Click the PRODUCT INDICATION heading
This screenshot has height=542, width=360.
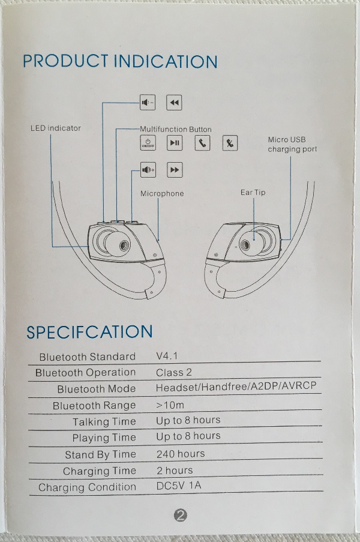coord(120,61)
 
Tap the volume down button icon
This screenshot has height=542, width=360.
coord(148,103)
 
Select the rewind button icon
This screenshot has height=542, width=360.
coord(174,103)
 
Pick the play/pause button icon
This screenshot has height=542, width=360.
coord(175,143)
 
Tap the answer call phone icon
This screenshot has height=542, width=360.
coord(202,143)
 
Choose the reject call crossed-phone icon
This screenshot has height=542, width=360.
coord(230,143)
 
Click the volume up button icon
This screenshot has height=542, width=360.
coord(148,170)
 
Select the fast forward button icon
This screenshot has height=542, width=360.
coord(175,170)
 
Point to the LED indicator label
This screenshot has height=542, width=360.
coord(55,128)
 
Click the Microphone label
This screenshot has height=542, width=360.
coord(162,194)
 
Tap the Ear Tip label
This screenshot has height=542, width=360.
coord(253,193)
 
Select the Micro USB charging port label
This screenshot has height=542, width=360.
coord(292,145)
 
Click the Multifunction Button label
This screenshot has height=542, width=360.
coord(175,129)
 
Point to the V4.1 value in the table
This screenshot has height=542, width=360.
coord(167,356)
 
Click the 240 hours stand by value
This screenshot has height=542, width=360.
coord(181,453)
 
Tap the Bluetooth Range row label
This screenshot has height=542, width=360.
coord(94,406)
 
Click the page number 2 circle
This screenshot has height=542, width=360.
coord(180,515)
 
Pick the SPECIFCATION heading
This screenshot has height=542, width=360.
coord(89,332)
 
